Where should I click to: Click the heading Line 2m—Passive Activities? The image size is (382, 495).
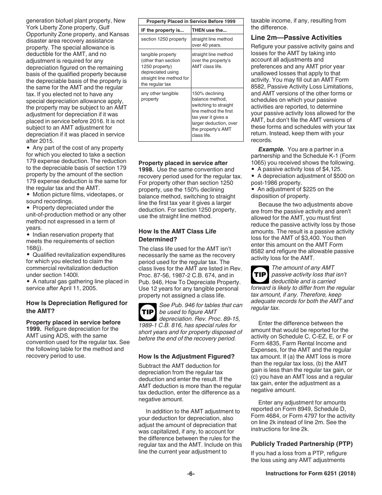[x=296, y=37]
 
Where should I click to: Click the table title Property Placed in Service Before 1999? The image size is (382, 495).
[x=191, y=21]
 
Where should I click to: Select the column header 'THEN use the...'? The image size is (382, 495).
[x=209, y=30]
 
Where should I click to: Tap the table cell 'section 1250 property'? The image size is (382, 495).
[x=164, y=39]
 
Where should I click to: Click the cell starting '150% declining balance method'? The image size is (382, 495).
[x=215, y=114]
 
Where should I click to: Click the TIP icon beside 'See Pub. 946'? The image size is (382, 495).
[x=147, y=311]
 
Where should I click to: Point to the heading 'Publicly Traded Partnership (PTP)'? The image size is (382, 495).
[x=302, y=444]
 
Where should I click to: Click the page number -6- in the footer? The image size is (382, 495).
[x=191, y=474]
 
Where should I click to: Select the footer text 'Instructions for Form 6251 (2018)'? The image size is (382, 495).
[x=310, y=474]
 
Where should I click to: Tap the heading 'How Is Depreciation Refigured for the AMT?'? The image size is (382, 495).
[x=77, y=307]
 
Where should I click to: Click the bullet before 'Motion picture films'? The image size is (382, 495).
[x=29, y=195]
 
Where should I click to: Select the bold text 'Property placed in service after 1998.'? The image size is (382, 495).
[x=183, y=166]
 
